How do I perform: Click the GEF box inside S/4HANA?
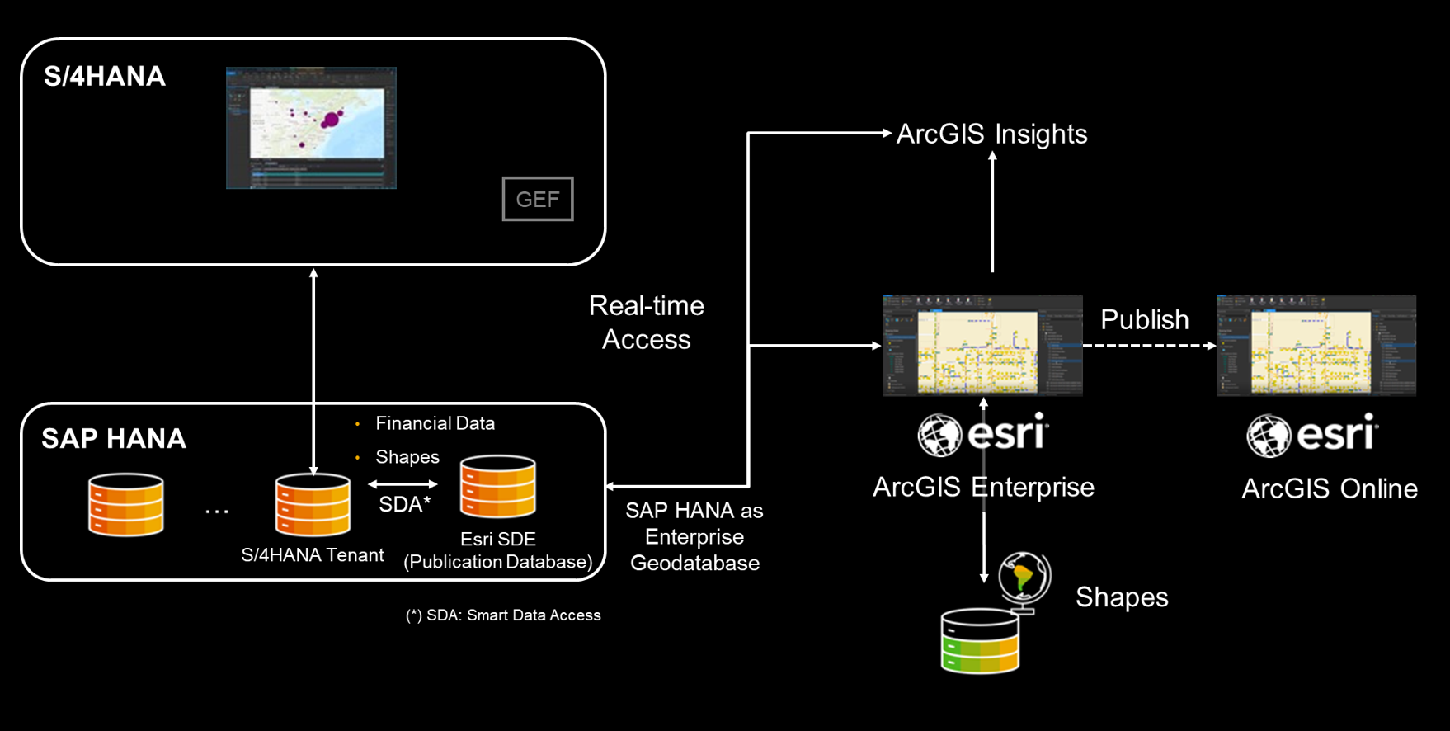click(x=538, y=199)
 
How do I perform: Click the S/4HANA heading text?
click(x=105, y=77)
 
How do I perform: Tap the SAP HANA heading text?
click(x=114, y=439)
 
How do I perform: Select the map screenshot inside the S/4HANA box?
click(x=311, y=128)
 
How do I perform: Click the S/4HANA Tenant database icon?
click(x=313, y=505)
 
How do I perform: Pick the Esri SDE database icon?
click(x=498, y=487)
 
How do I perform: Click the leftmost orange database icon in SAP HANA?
click(x=126, y=505)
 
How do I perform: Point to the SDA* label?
click(x=404, y=505)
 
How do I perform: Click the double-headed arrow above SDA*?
click(x=403, y=484)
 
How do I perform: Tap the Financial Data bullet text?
click(x=435, y=423)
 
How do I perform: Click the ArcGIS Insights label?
click(x=991, y=134)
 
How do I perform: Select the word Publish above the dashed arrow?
click(x=1144, y=319)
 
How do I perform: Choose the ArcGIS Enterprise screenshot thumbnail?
click(x=982, y=345)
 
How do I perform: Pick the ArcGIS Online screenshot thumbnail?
click(x=1316, y=345)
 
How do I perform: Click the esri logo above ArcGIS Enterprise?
click(x=983, y=434)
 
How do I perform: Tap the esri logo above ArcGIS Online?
click(x=1312, y=435)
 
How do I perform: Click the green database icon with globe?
click(x=982, y=639)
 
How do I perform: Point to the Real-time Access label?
click(x=646, y=323)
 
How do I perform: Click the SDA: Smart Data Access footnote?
click(x=503, y=615)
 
